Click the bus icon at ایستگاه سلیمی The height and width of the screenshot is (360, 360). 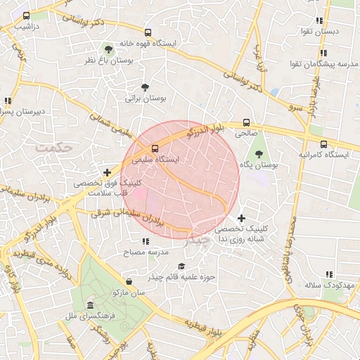(x=155, y=148)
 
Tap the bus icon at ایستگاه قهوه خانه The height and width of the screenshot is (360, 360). (x=148, y=32)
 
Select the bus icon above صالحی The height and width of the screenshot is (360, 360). (x=246, y=122)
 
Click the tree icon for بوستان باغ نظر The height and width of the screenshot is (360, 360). (x=108, y=49)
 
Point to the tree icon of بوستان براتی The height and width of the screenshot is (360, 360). (x=145, y=88)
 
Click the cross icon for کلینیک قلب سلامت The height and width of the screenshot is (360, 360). (x=107, y=172)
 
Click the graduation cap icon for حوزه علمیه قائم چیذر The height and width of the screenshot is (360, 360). (x=181, y=266)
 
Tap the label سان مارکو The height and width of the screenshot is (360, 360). (x=127, y=291)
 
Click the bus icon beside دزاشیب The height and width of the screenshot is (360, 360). (x=27, y=15)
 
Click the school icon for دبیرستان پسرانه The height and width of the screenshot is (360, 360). (x=8, y=101)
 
